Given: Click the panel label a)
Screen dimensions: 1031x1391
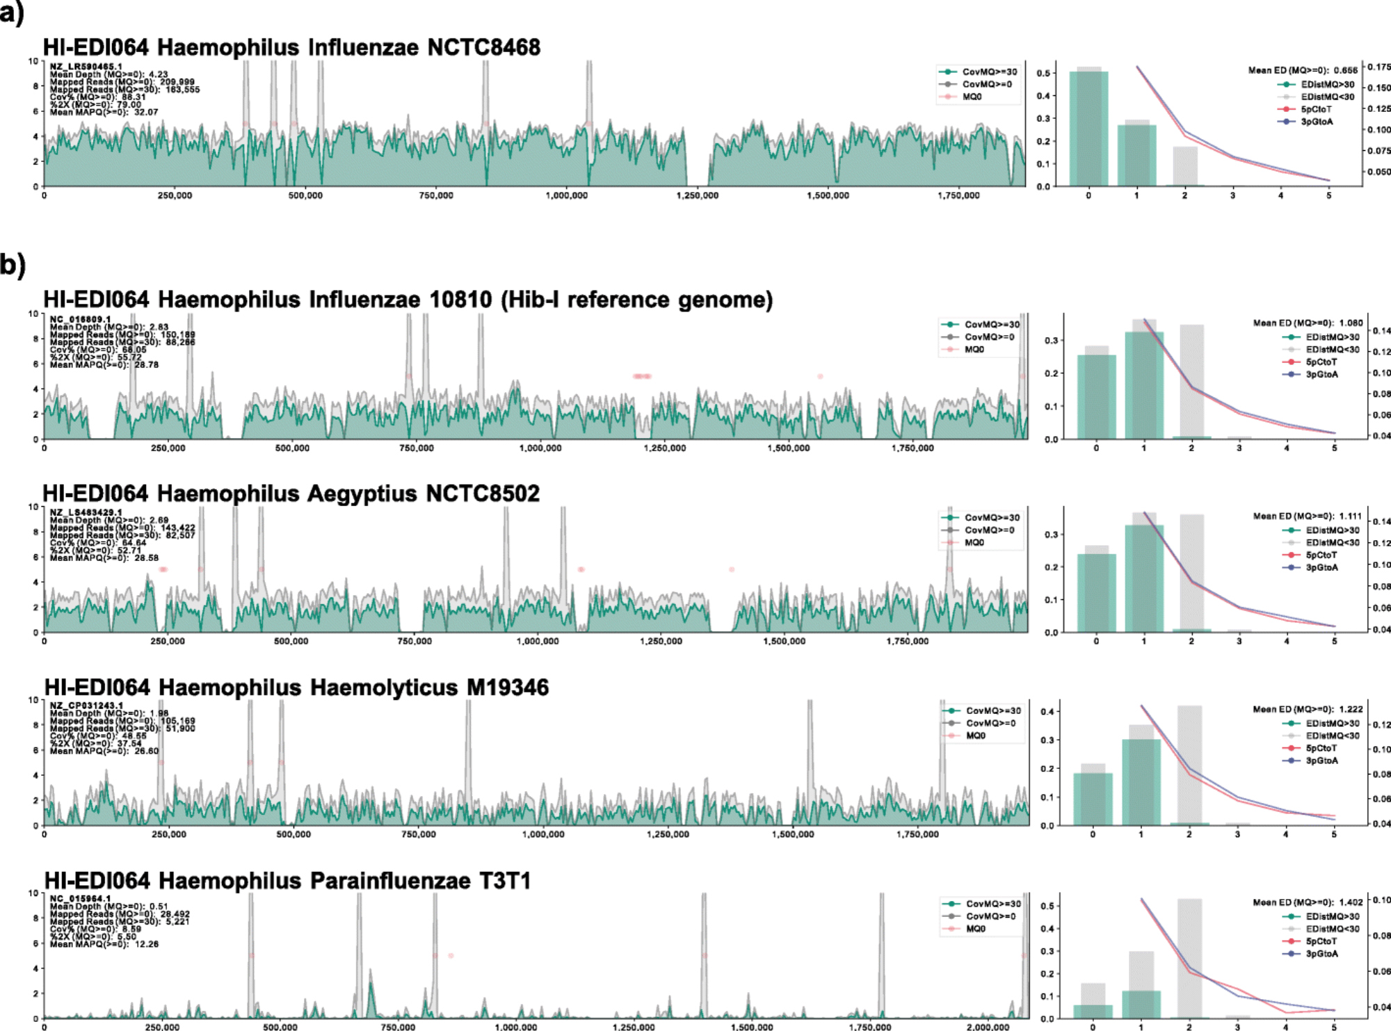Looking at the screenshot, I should point(12,13).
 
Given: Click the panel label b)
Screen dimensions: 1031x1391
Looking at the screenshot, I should point(13,265).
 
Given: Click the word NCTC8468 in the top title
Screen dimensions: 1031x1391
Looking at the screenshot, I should point(483,47).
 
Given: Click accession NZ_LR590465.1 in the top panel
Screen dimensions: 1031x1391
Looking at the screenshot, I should point(86,67).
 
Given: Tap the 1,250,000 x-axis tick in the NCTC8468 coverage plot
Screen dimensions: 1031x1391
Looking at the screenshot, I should point(697,196).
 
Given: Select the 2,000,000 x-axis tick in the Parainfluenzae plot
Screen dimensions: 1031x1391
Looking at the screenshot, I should point(988,1027).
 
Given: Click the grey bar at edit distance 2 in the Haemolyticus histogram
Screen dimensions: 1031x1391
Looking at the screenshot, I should point(1189,765).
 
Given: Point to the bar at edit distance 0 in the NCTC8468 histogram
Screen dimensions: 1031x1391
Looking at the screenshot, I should point(1088,129).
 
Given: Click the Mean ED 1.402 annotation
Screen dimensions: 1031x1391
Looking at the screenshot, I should point(1308,902).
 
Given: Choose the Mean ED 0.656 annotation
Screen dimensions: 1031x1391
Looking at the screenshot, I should point(1303,70).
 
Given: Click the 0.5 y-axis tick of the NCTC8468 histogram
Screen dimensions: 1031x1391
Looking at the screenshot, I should point(1043,73).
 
